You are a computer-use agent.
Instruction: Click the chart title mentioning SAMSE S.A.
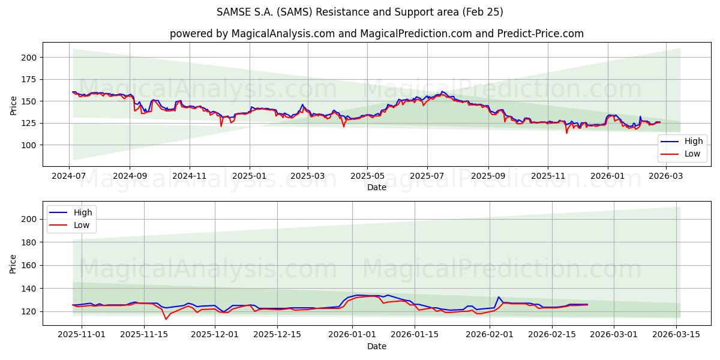[x=360, y=12]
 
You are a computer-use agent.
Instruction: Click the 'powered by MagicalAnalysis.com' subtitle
[x=376, y=34]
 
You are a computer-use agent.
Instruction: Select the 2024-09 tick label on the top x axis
[x=130, y=176]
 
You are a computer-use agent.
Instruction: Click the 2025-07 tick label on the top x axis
[x=427, y=176]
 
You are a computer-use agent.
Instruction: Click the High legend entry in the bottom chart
[x=70, y=212]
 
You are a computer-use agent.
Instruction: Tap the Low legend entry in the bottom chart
[x=70, y=225]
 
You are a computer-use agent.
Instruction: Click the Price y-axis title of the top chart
[x=14, y=105]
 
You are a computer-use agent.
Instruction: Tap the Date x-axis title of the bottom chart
[x=377, y=346]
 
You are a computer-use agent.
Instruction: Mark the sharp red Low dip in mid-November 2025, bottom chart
[x=166, y=319]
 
